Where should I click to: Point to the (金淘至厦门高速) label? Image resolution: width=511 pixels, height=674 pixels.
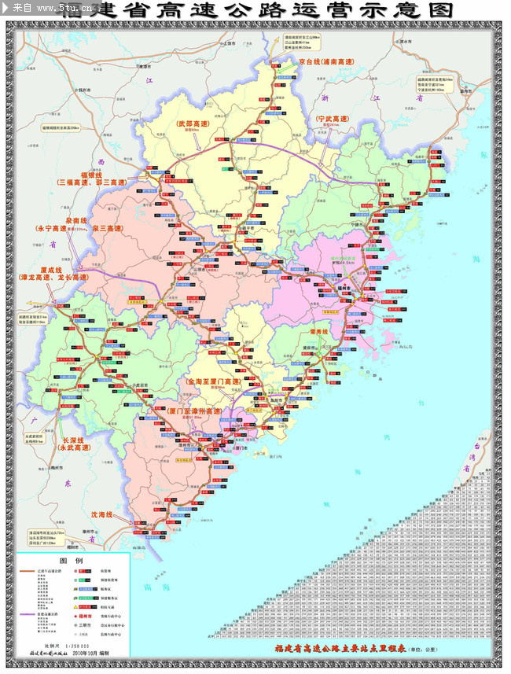tap(213, 381)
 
